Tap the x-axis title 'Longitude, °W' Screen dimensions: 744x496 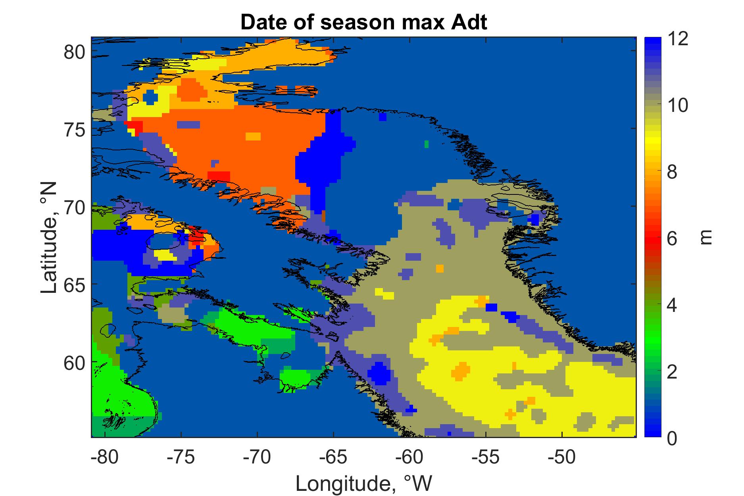364,483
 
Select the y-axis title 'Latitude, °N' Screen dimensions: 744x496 49,238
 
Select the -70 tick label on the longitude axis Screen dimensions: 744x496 257,458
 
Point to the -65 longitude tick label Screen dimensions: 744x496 333,458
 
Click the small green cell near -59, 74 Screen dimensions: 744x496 427,144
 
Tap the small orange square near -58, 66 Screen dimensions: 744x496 440,269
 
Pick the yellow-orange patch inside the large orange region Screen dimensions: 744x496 253,136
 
